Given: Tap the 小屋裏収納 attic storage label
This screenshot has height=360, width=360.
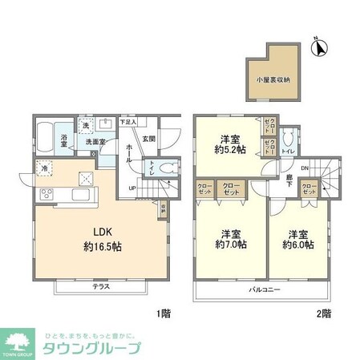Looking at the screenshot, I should pos(274,79).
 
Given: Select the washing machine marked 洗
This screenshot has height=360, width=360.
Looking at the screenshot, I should pos(83,127).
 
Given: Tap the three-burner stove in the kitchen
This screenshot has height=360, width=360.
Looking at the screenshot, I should pos(46,193).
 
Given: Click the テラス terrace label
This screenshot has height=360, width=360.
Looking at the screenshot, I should pos(101,285).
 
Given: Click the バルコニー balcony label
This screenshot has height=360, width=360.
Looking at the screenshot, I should pos(263,289).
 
